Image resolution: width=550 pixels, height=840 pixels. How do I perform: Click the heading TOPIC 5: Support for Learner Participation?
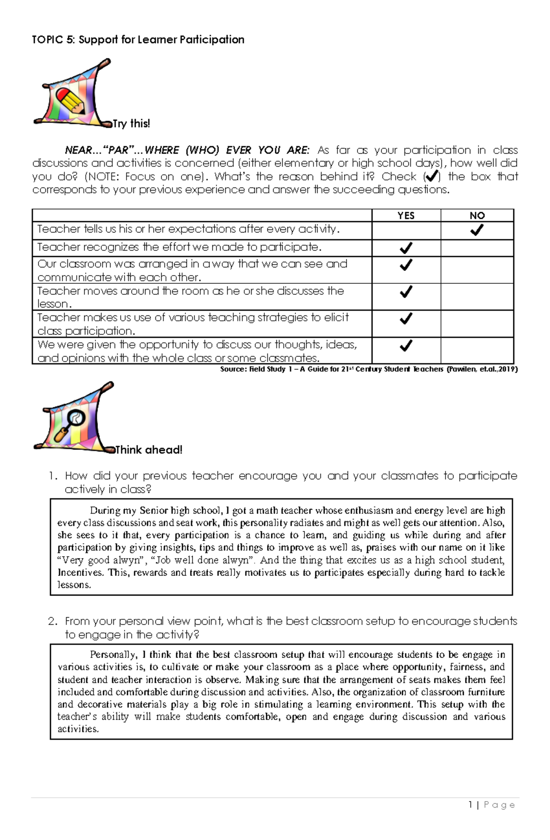click(138, 40)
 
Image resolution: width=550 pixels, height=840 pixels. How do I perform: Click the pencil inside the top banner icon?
click(70, 101)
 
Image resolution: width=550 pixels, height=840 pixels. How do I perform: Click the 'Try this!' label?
click(132, 124)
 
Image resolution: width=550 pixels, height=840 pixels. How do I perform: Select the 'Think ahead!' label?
click(149, 450)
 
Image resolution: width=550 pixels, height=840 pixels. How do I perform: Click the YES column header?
click(406, 216)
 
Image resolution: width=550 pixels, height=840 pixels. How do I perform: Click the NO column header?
click(477, 216)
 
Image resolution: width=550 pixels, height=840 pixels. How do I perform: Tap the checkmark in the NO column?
click(477, 230)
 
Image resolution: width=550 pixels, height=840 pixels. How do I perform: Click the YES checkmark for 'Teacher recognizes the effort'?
click(406, 248)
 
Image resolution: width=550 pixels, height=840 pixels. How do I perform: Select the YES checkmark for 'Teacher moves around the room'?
click(406, 292)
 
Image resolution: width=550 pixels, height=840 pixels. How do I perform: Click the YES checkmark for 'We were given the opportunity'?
click(406, 346)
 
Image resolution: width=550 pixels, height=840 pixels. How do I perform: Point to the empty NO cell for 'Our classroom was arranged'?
click(477, 270)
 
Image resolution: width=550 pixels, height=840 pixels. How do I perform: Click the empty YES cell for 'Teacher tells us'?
click(406, 231)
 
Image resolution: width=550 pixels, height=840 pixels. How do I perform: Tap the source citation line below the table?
click(368, 369)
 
